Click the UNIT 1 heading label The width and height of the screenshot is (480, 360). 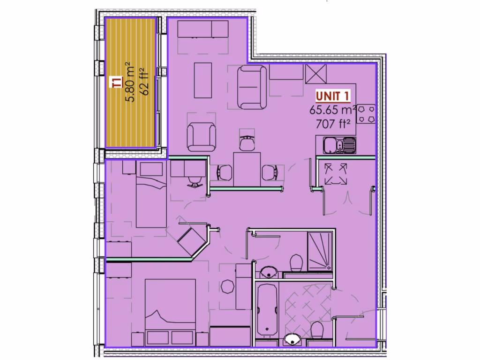[333, 97]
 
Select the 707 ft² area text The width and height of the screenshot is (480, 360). [333, 124]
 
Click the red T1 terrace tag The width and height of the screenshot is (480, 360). [117, 83]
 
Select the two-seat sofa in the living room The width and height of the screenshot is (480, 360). [252, 86]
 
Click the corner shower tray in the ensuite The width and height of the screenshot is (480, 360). [319, 251]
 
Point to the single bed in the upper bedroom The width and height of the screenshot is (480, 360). [151, 199]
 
